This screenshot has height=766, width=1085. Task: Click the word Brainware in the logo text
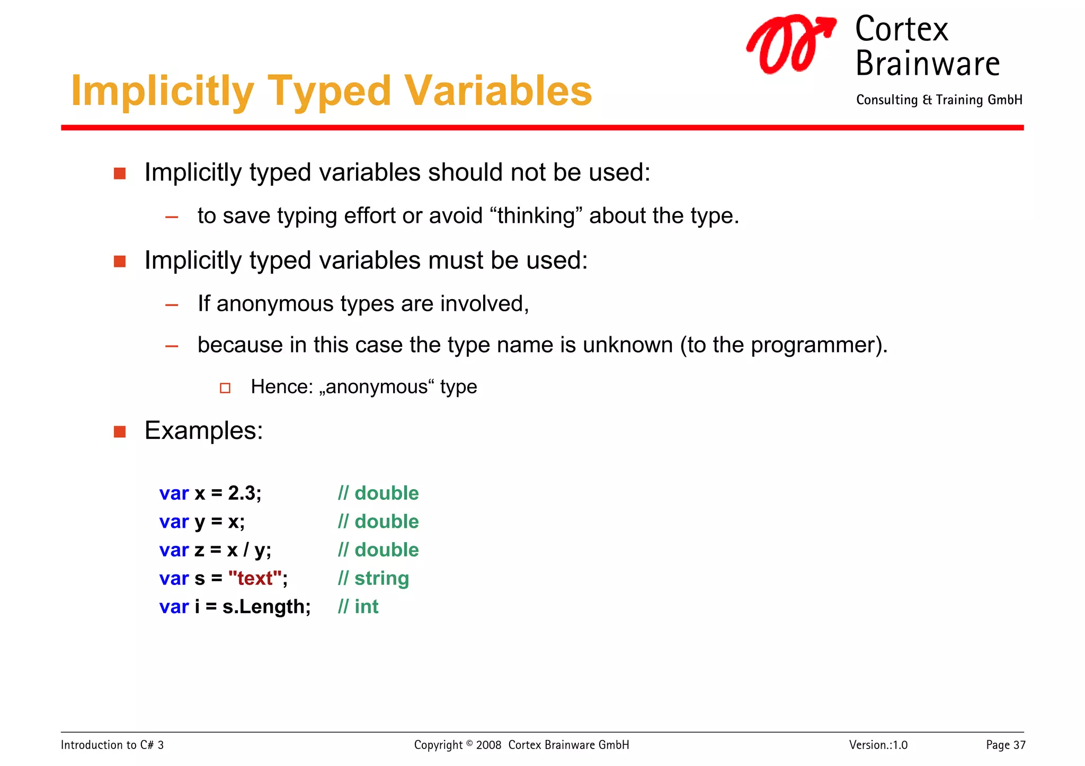point(927,64)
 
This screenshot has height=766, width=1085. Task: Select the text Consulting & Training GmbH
point(939,100)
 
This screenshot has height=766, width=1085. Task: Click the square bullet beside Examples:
point(120,431)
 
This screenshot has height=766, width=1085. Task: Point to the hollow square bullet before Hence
point(225,388)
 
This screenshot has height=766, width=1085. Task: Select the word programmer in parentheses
point(812,345)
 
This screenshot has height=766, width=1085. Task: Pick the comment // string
point(373,578)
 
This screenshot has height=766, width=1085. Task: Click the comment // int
point(358,607)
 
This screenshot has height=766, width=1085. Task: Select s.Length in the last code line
point(264,607)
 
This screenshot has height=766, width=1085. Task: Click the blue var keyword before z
point(174,550)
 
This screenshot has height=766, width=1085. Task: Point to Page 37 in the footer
point(1005,745)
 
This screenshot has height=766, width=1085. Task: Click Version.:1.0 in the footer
point(878,745)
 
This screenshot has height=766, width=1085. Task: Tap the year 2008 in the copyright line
point(488,745)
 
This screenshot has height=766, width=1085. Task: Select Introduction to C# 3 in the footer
point(112,745)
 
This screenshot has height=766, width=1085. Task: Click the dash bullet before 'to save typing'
point(172,217)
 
